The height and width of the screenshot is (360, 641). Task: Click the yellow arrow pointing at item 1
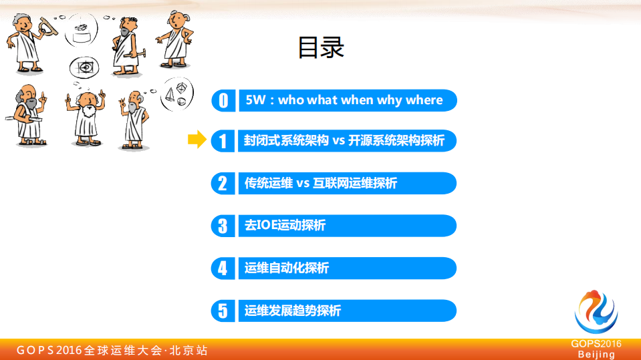pos(197,140)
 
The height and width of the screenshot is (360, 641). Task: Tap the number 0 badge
pos(223,100)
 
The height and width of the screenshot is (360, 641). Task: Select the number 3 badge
pos(223,226)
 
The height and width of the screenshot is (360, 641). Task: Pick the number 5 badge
pos(223,311)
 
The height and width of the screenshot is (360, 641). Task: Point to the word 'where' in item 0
pos(424,100)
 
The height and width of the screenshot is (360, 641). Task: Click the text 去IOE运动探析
pos(285,226)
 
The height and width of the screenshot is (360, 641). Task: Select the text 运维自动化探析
pos(287,268)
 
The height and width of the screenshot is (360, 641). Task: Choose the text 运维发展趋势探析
pos(293,311)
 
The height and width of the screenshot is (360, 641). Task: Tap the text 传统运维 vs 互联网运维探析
pos(321,183)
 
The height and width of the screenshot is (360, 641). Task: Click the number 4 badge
pos(223,268)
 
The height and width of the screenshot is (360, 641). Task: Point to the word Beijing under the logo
pos(596,355)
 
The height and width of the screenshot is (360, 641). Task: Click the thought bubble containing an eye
pos(85,67)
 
